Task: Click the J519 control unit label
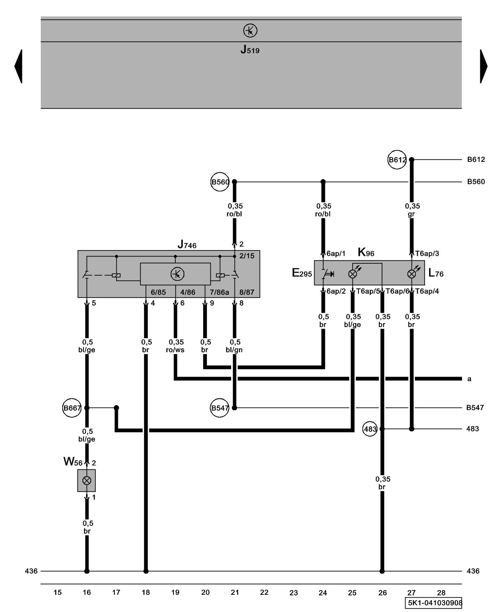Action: point(250,50)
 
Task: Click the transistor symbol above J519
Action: point(250,31)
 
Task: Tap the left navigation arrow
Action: point(18,66)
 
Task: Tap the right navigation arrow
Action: point(484,66)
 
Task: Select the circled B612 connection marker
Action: point(397,160)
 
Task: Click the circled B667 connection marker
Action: point(72,408)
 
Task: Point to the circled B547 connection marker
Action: point(220,408)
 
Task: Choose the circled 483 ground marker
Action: point(370,429)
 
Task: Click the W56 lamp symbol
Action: point(87,480)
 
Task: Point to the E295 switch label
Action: point(302,273)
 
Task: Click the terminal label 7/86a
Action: point(219,293)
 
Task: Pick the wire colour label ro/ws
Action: point(175,350)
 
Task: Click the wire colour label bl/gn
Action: point(234,350)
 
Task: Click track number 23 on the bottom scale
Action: point(293,593)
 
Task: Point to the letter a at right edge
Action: point(469,379)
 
